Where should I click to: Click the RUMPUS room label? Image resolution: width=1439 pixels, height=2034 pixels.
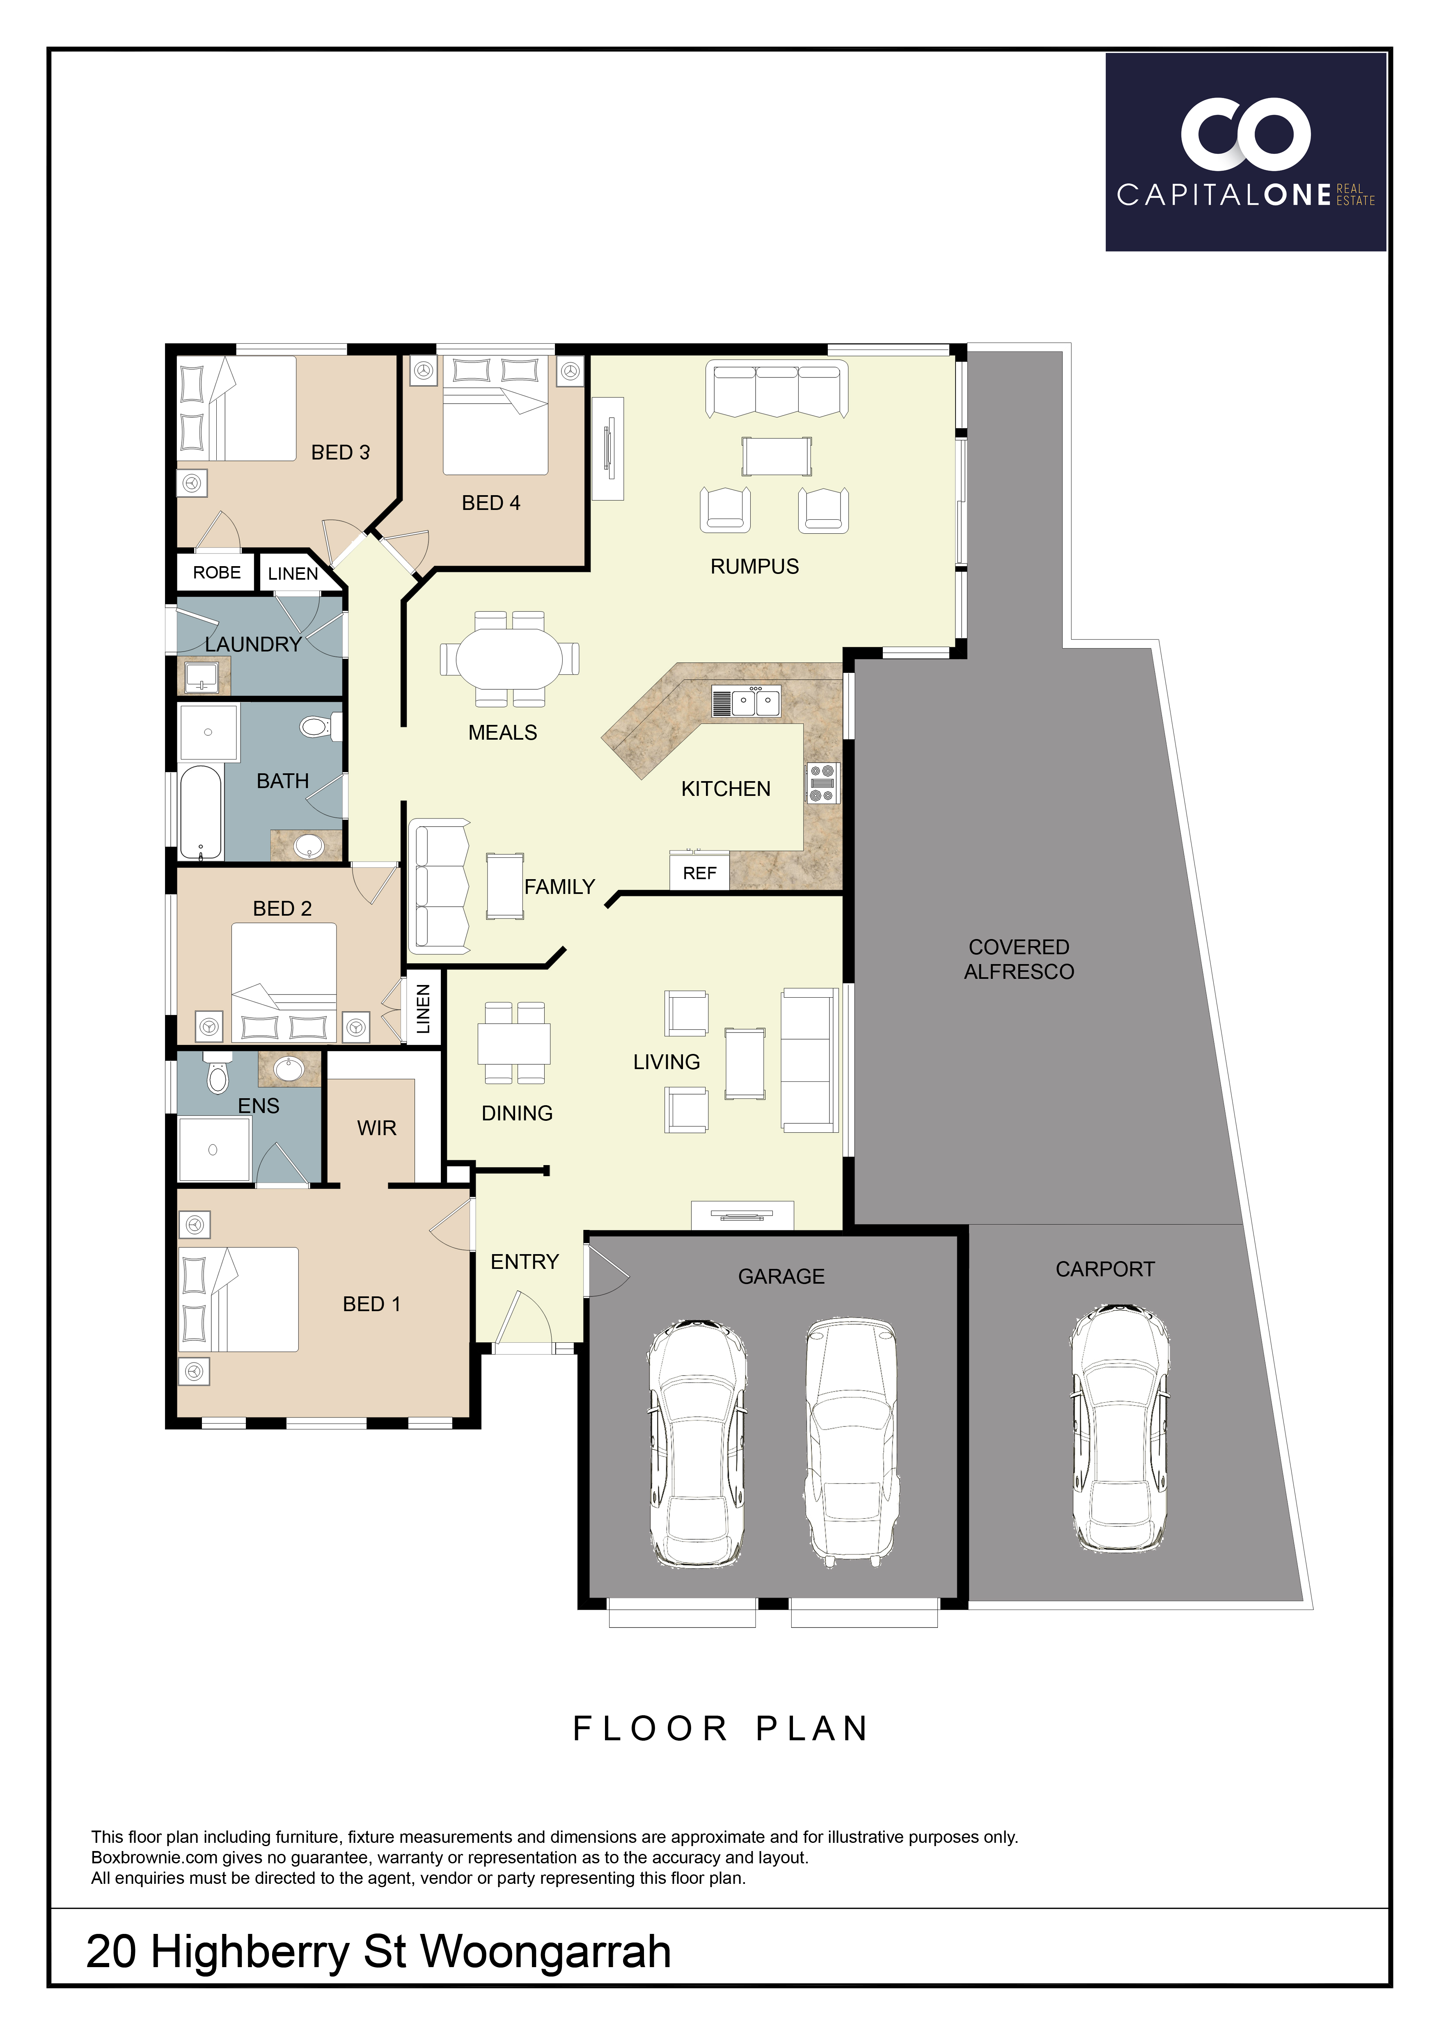pyautogui.click(x=754, y=567)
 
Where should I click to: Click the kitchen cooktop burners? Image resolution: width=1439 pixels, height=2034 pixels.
pyautogui.click(x=821, y=783)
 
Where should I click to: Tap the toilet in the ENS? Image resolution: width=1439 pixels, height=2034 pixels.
pyautogui.click(x=217, y=1074)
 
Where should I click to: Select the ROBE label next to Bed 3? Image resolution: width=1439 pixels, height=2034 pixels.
pyautogui.click(x=217, y=572)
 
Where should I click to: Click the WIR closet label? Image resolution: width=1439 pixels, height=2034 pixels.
pyautogui.click(x=377, y=1128)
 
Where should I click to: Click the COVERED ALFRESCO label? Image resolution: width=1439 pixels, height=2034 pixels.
pyautogui.click(x=1019, y=960)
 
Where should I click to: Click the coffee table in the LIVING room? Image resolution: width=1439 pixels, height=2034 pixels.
pyautogui.click(x=744, y=1063)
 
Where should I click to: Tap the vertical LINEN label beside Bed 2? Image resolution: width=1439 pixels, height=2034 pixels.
pyautogui.click(x=424, y=1009)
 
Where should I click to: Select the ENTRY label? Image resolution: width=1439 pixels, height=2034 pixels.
pyautogui.click(x=525, y=1262)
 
